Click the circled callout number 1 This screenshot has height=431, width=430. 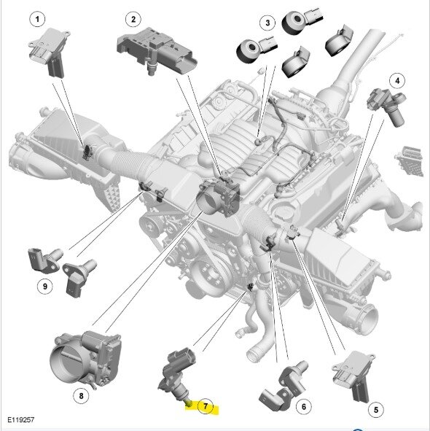coord(37,19)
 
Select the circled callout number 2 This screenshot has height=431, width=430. coord(133,20)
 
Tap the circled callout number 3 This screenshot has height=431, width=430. coord(267,23)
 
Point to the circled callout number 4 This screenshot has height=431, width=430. coord(397,81)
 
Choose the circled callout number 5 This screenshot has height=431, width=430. coord(376,410)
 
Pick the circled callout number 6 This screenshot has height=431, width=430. coord(304,406)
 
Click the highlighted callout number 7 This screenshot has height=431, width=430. coord(206,406)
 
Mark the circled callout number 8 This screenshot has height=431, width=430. coord(81,396)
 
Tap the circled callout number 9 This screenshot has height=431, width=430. coord(45,287)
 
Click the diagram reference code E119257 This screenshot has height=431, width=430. coord(21,420)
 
